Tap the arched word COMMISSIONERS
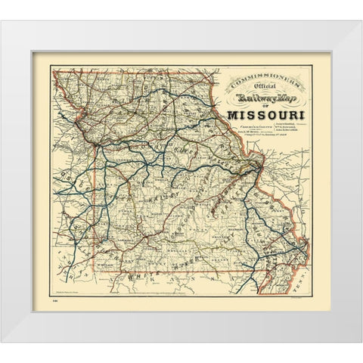(262, 80)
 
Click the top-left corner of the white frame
(1, 20)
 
